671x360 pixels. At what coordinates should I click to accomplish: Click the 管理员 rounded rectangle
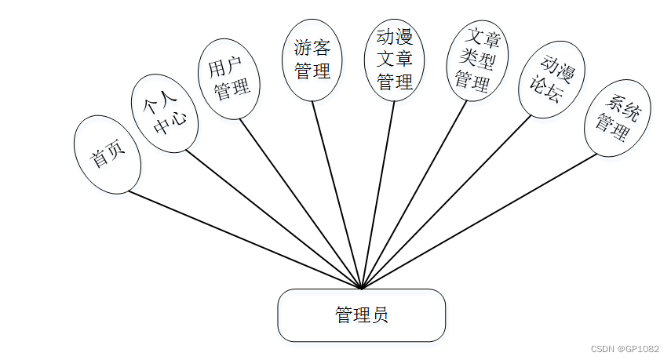(x=362, y=315)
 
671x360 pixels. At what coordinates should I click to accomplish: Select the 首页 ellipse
(x=108, y=155)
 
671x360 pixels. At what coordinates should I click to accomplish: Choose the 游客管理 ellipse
(x=312, y=60)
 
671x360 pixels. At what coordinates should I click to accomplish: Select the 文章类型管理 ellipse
(x=477, y=60)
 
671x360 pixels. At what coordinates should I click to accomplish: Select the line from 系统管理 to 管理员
(x=479, y=221)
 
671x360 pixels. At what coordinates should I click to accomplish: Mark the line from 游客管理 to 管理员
(x=337, y=195)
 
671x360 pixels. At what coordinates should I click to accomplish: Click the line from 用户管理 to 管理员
(x=300, y=204)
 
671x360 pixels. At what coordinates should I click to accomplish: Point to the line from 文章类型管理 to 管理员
(x=414, y=194)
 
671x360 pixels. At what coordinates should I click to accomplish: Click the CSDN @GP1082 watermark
(x=624, y=348)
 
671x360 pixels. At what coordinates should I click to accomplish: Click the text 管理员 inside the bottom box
(x=362, y=315)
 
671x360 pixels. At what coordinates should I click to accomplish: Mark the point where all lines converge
(x=362, y=289)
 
